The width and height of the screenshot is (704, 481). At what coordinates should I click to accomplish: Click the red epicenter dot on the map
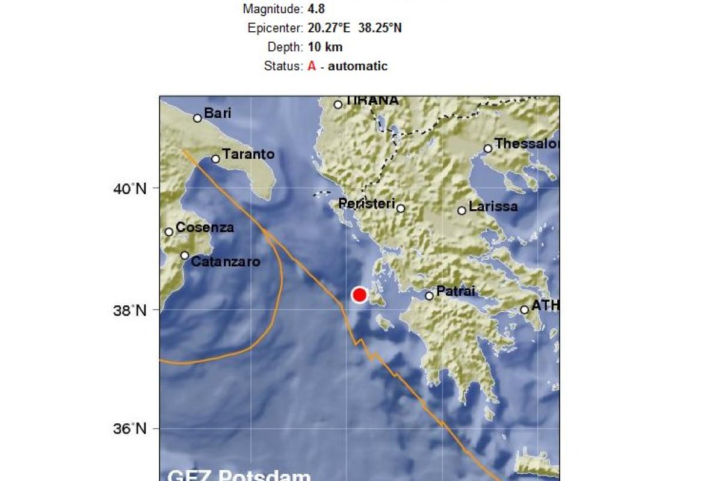pos(359,295)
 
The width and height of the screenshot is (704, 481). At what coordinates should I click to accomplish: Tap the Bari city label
pos(217,113)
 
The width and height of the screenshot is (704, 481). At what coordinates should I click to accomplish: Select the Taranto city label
pos(248,155)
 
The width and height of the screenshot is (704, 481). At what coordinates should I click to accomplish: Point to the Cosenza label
pos(205,228)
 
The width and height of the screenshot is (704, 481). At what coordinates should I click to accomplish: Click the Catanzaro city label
pos(225,262)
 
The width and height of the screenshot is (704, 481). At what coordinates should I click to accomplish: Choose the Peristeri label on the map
pos(366,204)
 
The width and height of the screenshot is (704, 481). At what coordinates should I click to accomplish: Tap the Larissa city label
pos(493,207)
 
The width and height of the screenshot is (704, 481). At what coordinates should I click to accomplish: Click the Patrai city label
pos(455,292)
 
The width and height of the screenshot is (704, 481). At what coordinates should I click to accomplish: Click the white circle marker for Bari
pos(197,118)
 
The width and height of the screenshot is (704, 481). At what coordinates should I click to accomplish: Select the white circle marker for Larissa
pos(462,210)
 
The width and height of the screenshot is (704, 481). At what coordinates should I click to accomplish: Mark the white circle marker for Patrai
pos(429,295)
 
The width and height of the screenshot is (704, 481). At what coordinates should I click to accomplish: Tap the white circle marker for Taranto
pos(215,159)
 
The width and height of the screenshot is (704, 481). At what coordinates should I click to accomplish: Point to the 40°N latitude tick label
pos(131,189)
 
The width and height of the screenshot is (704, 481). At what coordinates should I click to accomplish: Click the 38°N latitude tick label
pos(131,310)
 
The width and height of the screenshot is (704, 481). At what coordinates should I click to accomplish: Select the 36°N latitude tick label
pos(131,429)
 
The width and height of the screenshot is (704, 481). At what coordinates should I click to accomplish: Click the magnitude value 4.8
pos(316,9)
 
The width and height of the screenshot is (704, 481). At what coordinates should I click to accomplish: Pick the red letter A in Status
pos(312,66)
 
